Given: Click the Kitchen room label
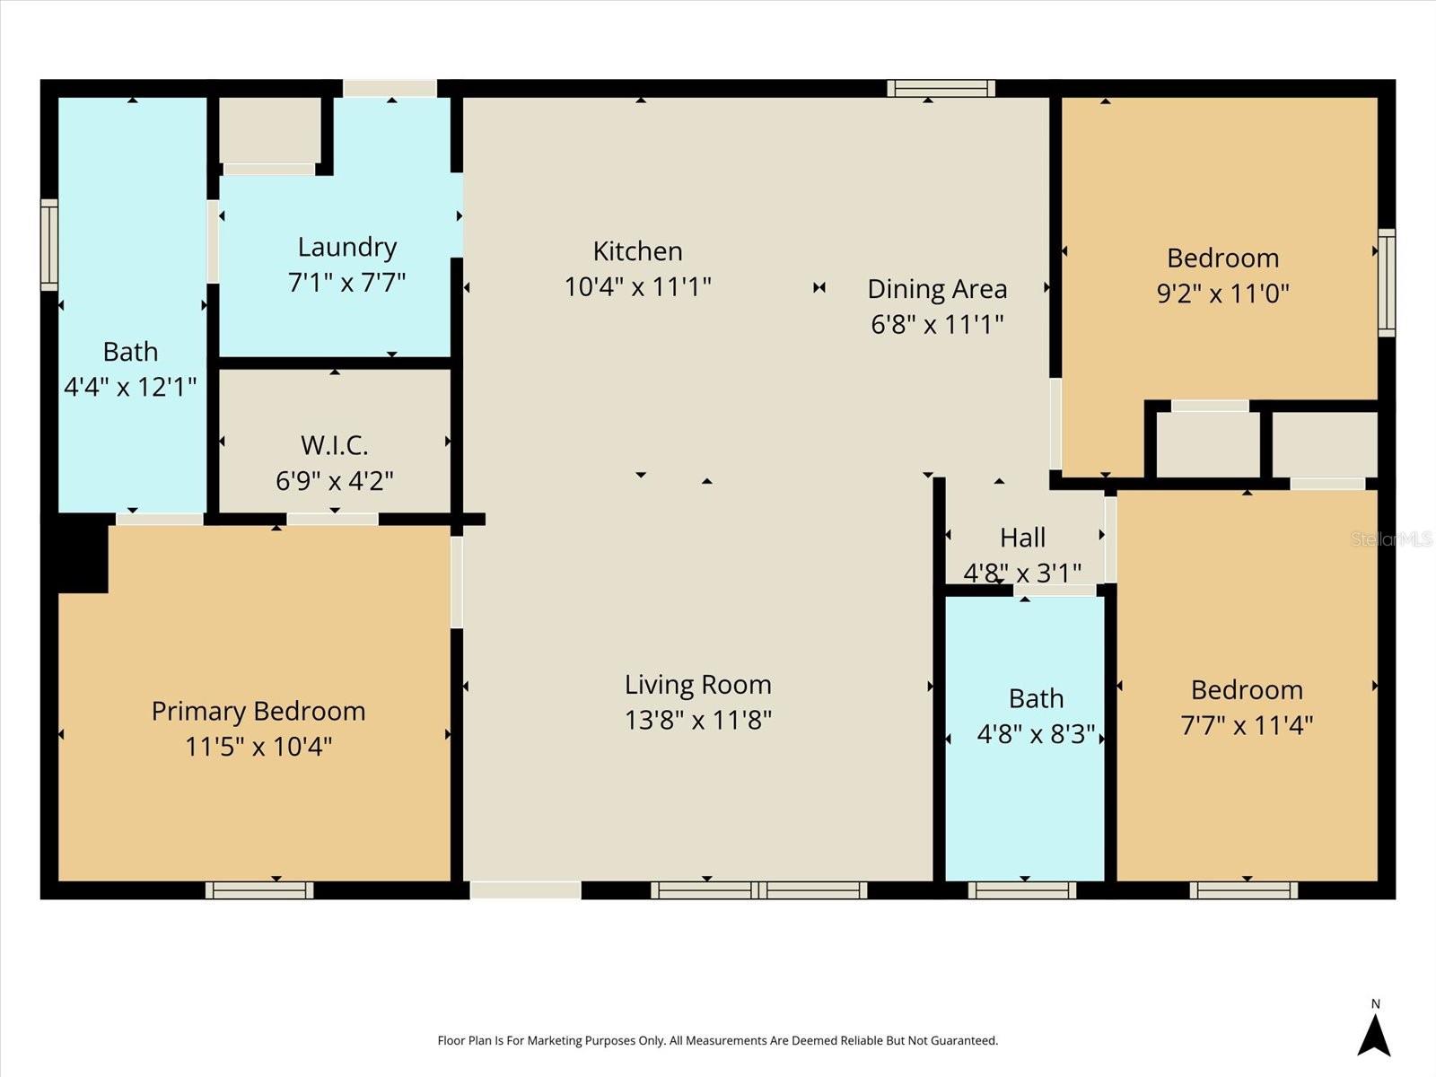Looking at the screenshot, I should [637, 251].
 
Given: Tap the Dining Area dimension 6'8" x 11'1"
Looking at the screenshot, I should [937, 324].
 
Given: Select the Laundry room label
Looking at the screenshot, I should [347, 247].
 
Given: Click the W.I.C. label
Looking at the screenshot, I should [334, 445].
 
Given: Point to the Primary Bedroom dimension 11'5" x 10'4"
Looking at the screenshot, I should [258, 747].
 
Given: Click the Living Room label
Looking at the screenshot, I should [698, 685].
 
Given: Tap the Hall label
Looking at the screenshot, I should [1022, 538].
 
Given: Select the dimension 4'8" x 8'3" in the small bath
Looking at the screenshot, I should [1036, 735].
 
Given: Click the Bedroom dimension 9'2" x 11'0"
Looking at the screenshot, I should [1222, 293].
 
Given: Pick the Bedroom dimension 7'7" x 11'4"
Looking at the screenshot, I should [1247, 725].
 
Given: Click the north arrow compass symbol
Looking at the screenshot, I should [1374, 1034].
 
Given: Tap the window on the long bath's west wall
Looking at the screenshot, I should [49, 245].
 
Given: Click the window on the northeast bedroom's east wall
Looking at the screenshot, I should [1387, 283].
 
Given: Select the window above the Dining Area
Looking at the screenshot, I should [941, 88].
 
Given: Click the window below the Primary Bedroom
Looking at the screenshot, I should [259, 890].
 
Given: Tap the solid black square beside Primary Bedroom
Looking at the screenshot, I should [82, 556].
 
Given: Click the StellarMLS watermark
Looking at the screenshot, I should [1391, 539].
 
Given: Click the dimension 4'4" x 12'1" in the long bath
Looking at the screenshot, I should [130, 388].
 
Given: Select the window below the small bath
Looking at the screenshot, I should [1022, 890].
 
